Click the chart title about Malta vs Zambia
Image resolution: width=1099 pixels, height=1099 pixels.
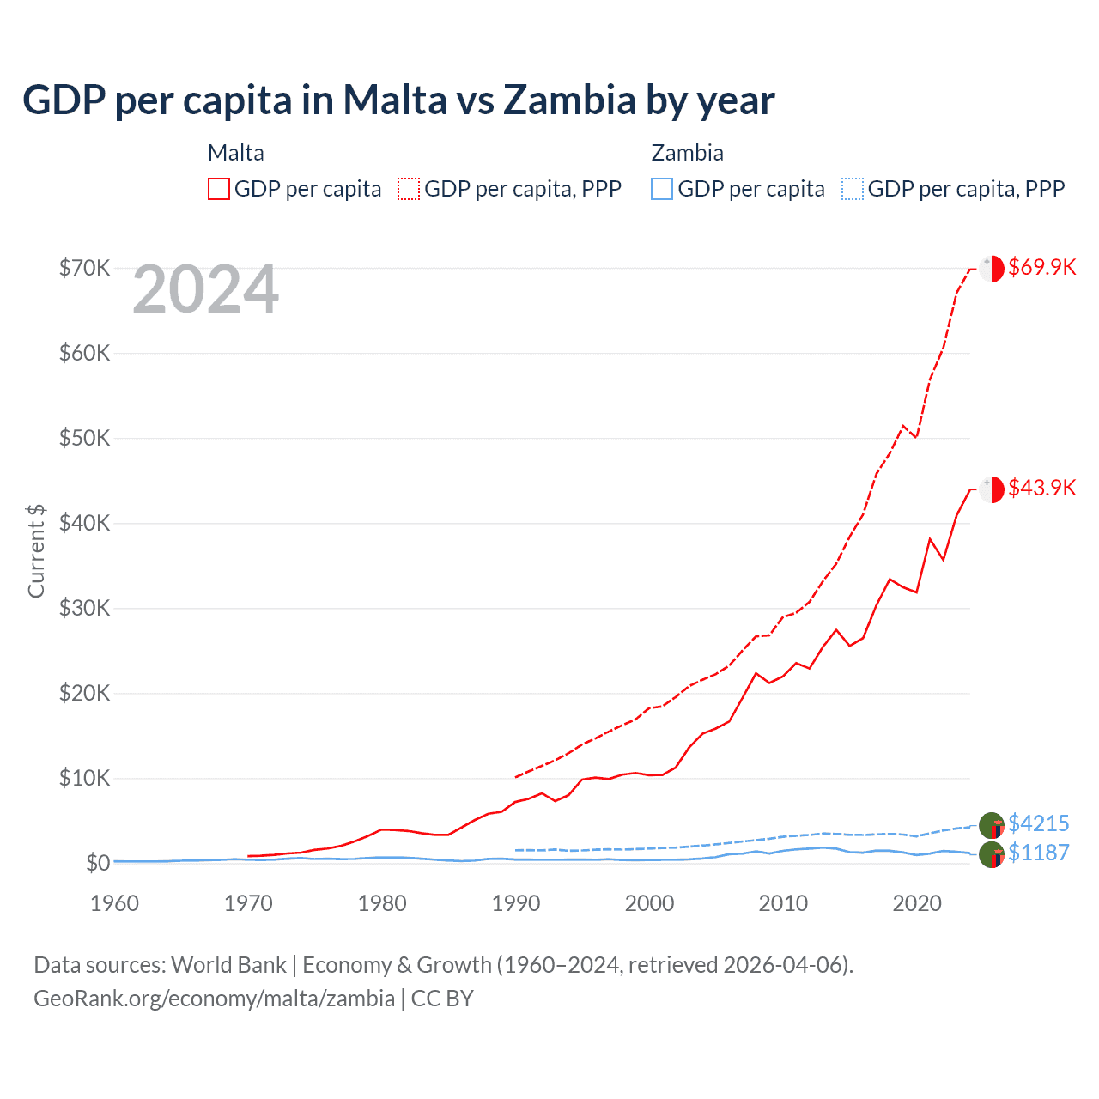tap(398, 100)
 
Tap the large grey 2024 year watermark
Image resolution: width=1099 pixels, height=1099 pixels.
tap(206, 289)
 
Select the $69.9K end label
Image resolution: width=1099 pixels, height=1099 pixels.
tap(1041, 267)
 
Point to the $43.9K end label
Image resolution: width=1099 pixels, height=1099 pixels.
tap(1041, 488)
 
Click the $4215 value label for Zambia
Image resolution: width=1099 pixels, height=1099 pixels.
tap(1038, 823)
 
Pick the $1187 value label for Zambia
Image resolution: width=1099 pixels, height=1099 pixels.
tap(1038, 853)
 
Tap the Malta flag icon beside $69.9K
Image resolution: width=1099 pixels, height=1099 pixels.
tap(992, 268)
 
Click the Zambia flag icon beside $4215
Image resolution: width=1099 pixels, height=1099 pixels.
tap(992, 825)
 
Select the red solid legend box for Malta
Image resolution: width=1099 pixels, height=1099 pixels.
tap(219, 189)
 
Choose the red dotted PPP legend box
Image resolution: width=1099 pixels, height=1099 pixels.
tap(409, 189)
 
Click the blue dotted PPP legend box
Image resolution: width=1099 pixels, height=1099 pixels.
tap(853, 189)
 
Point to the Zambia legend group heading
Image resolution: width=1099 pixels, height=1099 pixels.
tap(687, 153)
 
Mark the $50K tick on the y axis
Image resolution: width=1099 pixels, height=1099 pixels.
tap(84, 438)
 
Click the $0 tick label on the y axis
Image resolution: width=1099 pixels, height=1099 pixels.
tap(98, 863)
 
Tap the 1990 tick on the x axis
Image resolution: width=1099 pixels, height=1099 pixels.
tap(516, 903)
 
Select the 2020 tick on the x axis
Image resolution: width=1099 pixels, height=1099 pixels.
tap(917, 903)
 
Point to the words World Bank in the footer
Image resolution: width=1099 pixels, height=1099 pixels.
tap(228, 965)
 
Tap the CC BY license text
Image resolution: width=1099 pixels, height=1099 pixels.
tap(442, 999)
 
